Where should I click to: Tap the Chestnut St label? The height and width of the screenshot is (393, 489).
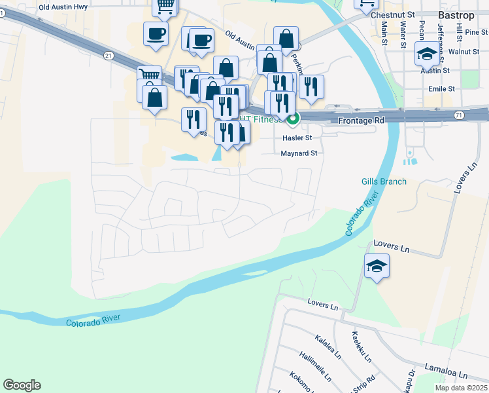392,14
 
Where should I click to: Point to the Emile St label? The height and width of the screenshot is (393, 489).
441,88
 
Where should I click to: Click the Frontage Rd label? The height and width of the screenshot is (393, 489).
361,121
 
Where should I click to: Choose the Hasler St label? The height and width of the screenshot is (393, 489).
297,138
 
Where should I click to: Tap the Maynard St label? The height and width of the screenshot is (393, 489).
298,153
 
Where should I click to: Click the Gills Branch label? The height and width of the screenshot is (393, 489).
384,181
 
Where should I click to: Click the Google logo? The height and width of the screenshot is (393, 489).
22,385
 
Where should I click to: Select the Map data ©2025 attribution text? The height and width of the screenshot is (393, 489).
461,388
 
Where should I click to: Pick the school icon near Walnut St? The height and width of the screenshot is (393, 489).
427,52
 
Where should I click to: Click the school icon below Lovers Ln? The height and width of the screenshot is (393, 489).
376,266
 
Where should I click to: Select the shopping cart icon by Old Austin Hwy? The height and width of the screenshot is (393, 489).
165,7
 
